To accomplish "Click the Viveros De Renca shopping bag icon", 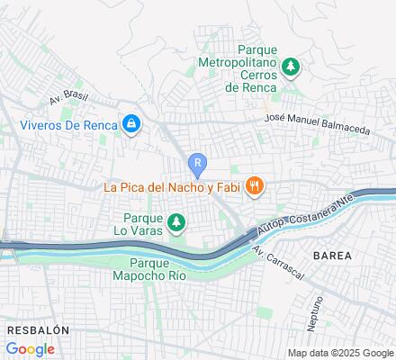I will (x=131, y=123).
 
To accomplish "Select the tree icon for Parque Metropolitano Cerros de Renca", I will (x=291, y=66).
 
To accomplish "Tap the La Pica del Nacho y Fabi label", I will (x=173, y=187).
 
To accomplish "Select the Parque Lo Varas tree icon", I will (x=178, y=220).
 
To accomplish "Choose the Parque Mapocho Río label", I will (x=151, y=268).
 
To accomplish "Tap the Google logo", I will (x=31, y=348).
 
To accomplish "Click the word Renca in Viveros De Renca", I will (x=100, y=124).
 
